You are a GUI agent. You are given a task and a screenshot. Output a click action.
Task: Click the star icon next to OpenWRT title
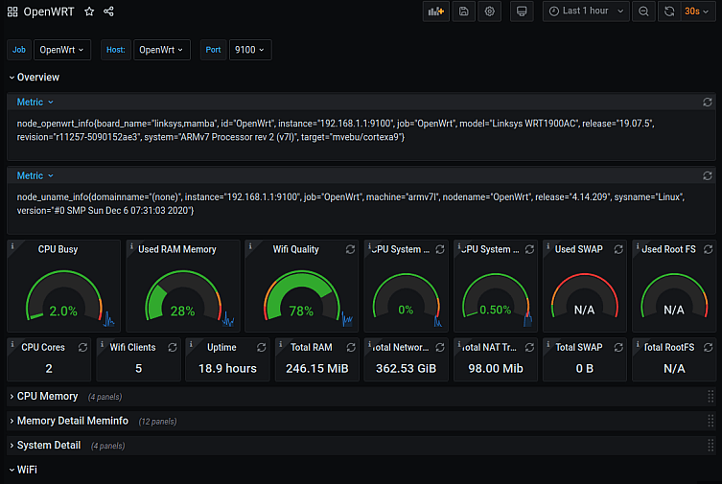(89, 12)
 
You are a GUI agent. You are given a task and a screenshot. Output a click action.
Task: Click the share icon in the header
(108, 12)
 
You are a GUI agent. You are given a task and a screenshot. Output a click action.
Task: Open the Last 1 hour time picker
(586, 12)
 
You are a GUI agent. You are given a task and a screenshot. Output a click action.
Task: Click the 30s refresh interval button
(691, 12)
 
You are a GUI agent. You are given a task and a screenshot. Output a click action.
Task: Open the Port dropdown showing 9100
(249, 49)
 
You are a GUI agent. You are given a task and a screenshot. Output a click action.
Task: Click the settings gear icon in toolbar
(490, 12)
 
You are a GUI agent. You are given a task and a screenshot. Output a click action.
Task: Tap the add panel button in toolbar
(436, 12)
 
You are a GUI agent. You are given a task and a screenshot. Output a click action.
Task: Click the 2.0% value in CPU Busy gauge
(63, 311)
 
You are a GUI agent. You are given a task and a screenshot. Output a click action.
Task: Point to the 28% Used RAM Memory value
(182, 311)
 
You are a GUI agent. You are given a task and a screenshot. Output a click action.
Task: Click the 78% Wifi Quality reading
(301, 311)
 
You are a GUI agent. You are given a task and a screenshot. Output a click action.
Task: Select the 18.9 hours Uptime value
(227, 368)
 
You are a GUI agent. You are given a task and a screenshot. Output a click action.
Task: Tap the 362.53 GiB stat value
(403, 368)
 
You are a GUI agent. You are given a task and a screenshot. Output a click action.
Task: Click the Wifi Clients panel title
(132, 347)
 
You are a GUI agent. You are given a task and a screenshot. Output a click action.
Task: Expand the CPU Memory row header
(47, 396)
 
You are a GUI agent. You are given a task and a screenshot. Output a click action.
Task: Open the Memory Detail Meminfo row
(73, 421)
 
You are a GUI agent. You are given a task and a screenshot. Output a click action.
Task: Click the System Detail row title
(49, 446)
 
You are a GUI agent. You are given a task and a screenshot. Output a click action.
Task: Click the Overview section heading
(37, 78)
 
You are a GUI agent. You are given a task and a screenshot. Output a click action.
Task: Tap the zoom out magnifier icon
(644, 12)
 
